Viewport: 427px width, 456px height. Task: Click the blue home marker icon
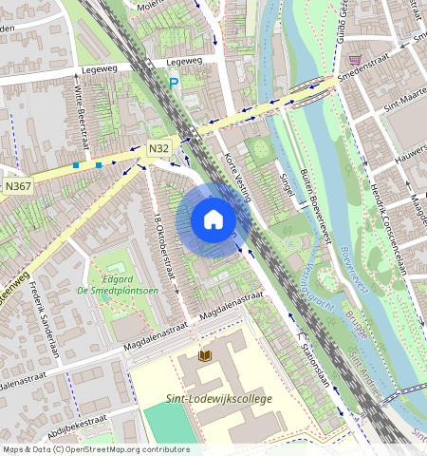pyautogui.click(x=213, y=220)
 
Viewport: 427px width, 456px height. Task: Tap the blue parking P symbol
pyautogui.click(x=173, y=85)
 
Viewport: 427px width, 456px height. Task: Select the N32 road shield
pyautogui.click(x=158, y=149)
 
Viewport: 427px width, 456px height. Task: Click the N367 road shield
pyautogui.click(x=18, y=185)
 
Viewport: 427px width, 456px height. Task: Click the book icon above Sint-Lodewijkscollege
pyautogui.click(x=204, y=355)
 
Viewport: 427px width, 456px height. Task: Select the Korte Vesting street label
pyautogui.click(x=233, y=177)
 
